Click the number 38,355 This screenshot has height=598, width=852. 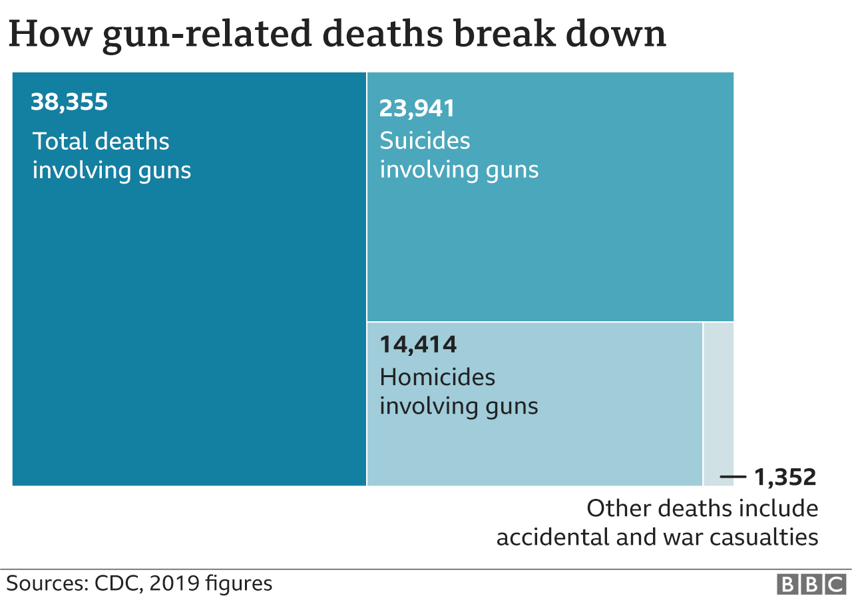(x=69, y=102)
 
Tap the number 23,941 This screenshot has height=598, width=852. (x=417, y=108)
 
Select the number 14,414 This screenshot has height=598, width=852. (x=418, y=345)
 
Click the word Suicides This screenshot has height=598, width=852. (x=425, y=140)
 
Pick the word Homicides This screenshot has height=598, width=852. (x=437, y=377)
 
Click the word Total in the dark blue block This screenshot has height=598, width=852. (x=61, y=141)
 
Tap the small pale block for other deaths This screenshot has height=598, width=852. (x=718, y=399)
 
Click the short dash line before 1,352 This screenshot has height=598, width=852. (x=734, y=477)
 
